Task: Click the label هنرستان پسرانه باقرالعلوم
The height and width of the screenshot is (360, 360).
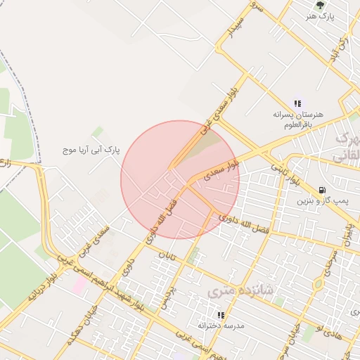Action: pos(299,119)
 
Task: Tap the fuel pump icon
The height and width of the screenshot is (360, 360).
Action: pos(322,190)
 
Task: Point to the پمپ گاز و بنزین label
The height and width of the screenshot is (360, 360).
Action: pos(322,202)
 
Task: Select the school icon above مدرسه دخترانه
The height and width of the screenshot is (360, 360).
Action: pos(221,315)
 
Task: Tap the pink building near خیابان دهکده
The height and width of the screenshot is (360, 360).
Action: pos(80,285)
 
